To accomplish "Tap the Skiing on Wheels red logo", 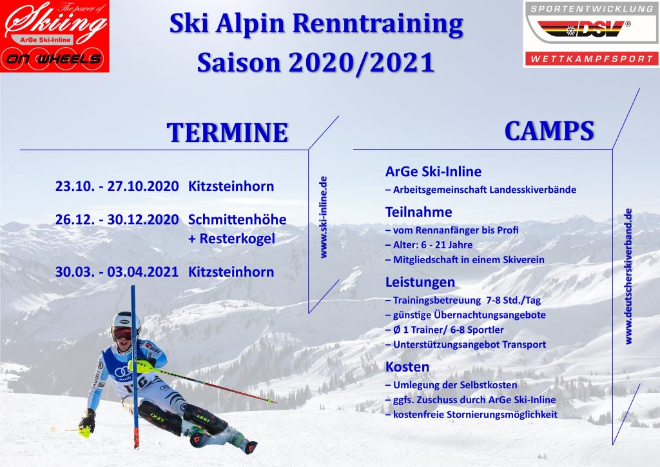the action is tap(55, 36).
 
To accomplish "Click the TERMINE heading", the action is tap(228, 133).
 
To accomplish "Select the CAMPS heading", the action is tap(549, 131).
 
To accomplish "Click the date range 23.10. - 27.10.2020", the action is tap(117, 186).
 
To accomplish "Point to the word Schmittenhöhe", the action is tap(237, 219).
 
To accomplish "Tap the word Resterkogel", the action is tap(237, 239).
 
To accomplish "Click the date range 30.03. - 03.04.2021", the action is tap(117, 272).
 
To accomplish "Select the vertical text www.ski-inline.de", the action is tap(324, 217).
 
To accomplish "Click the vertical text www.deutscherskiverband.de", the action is tap(628, 276).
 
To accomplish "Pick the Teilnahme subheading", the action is tap(419, 212).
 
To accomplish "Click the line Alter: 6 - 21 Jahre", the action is tap(429, 245).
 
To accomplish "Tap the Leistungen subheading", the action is tap(420, 282).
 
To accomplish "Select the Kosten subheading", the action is tap(407, 367).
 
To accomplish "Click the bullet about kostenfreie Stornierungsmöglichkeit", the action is tap(471, 415).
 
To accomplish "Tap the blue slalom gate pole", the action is tap(135, 367).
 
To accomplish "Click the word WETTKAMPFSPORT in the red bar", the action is tap(592, 59).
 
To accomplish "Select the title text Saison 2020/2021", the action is tap(316, 63).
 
